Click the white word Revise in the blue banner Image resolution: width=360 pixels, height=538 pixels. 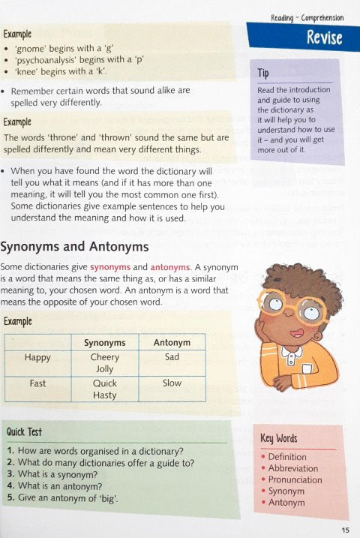(324, 38)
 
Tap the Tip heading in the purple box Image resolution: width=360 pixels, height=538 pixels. (263, 74)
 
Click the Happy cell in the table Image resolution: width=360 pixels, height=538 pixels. (37, 357)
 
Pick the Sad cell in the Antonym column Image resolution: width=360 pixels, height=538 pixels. (172, 357)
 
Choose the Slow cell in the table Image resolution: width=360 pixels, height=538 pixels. (172, 383)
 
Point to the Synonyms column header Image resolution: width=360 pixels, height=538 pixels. (105, 343)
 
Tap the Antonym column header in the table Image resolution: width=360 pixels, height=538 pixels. (172, 343)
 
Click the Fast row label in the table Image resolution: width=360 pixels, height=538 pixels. (37, 383)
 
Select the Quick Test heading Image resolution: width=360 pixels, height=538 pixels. (24, 432)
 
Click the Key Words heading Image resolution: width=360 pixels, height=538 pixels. (279, 438)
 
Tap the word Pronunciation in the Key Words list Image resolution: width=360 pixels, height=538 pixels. (294, 479)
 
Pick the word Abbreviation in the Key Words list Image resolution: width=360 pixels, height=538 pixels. (294, 468)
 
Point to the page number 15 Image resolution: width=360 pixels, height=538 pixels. (344, 528)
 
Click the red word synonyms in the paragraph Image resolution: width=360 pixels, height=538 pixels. (111, 266)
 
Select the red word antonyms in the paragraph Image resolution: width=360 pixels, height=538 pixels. (170, 266)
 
